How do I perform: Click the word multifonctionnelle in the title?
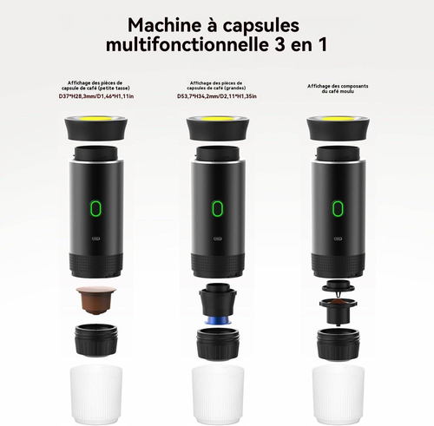pyautogui.click(x=187, y=45)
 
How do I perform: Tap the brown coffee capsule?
pyautogui.click(x=96, y=299)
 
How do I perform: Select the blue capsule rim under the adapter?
pyautogui.click(x=218, y=320)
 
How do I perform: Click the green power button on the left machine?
pyautogui.click(x=95, y=208)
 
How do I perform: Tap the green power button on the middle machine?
pyautogui.click(x=218, y=208)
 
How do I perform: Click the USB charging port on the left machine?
pyautogui.click(x=95, y=239)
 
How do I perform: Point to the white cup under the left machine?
pyautogui.click(x=96, y=395)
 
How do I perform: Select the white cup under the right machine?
pyautogui.click(x=339, y=395)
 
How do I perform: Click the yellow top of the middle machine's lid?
pyautogui.click(x=218, y=119)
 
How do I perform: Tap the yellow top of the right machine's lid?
pyautogui.click(x=339, y=119)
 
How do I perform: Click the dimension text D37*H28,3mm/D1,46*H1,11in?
pyautogui.click(x=96, y=96)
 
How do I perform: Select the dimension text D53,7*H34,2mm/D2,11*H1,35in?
pyautogui.click(x=217, y=96)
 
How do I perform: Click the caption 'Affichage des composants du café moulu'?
pyautogui.click(x=338, y=88)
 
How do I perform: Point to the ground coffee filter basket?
pyautogui.click(x=338, y=311)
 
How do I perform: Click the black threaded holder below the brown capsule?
pyautogui.click(x=96, y=340)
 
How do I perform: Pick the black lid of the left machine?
pyautogui.click(x=96, y=128)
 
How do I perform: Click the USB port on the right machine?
pyautogui.click(x=338, y=239)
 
